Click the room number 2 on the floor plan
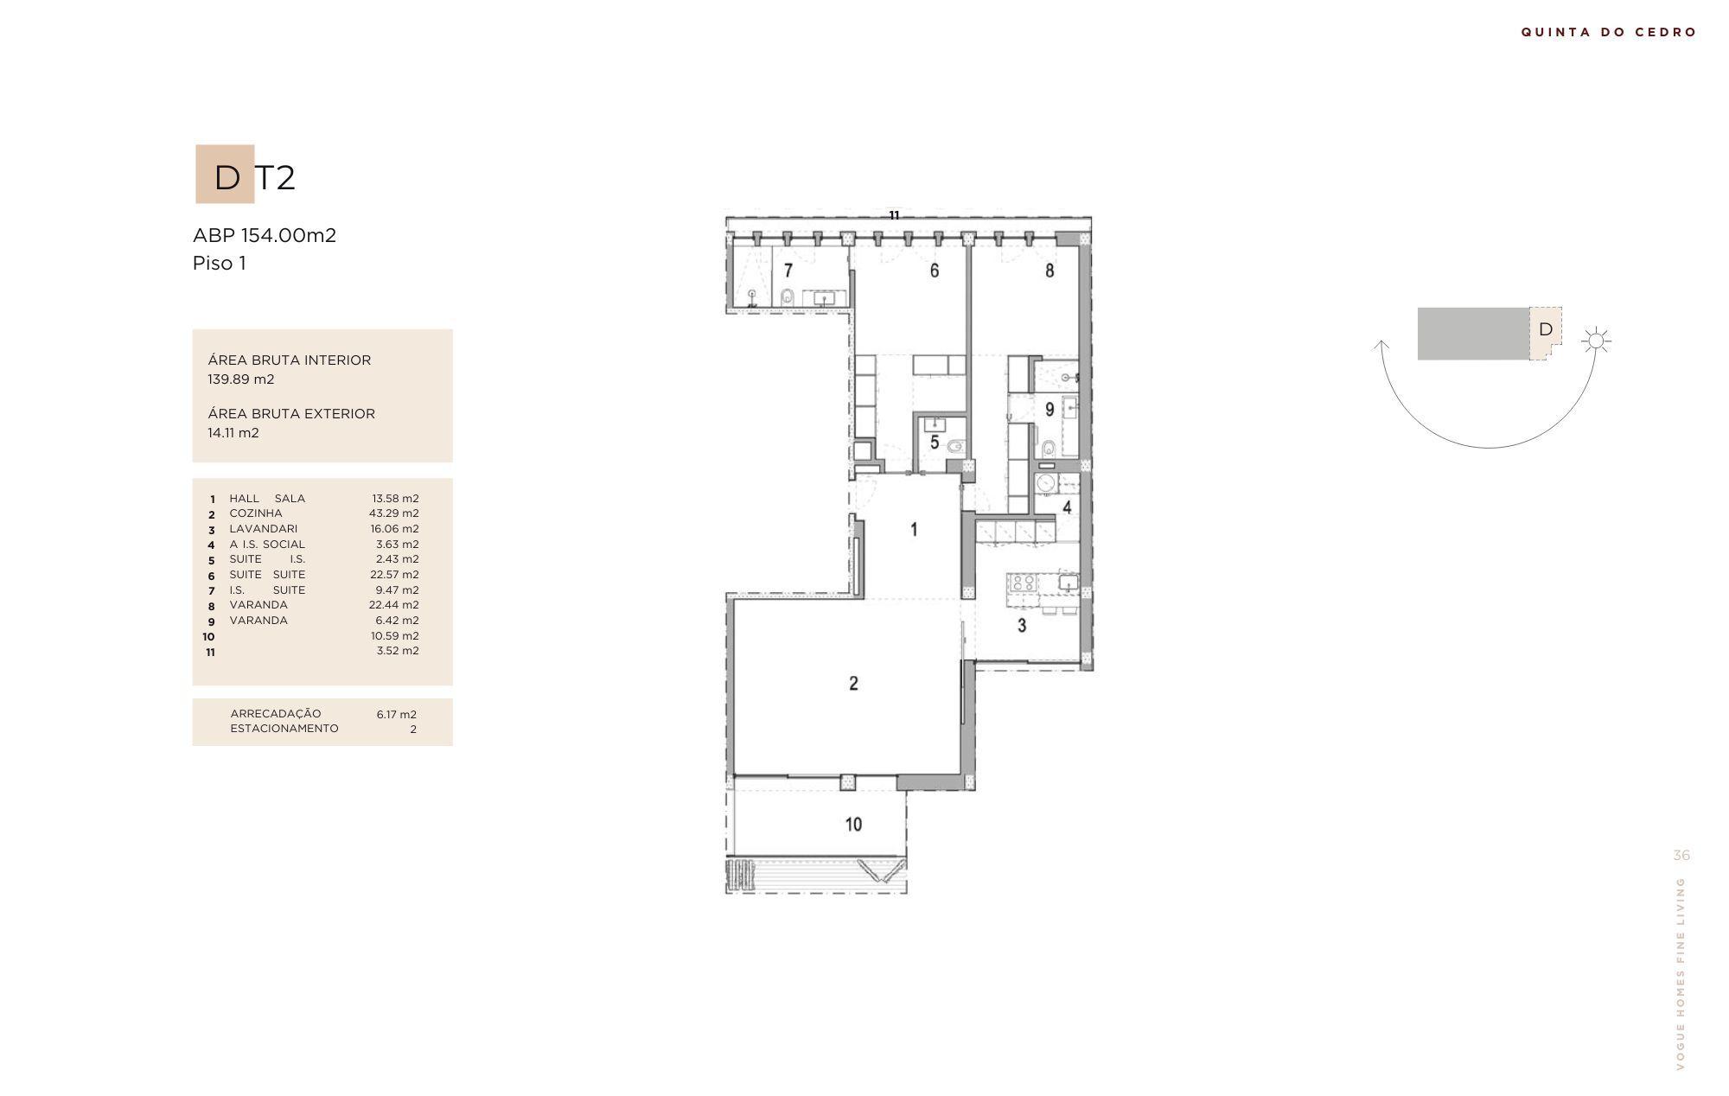853,684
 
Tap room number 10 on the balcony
853,825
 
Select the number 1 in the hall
915,530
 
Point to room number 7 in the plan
788,271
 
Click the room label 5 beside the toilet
935,443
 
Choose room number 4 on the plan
1067,507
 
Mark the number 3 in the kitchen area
1022,625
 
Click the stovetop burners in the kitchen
1024,583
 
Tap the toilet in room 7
787,297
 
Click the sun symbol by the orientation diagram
1596,341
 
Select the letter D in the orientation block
1546,329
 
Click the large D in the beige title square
226,177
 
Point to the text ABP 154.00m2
265,235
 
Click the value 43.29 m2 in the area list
394,513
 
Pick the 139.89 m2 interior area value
241,379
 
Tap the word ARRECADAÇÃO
276,713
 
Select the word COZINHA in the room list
256,513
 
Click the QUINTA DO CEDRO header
1609,32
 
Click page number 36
1681,856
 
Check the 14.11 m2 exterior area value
233,433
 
